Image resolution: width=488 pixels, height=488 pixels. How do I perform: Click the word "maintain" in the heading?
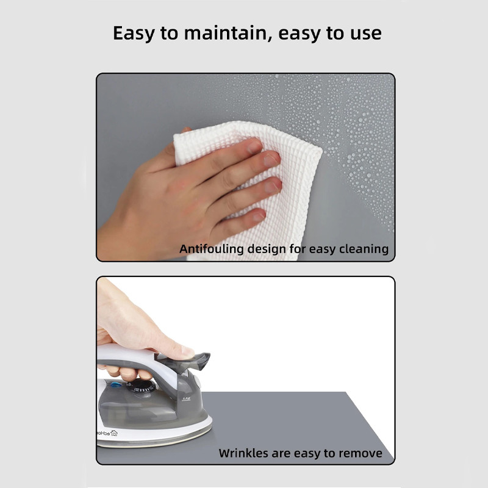(226, 33)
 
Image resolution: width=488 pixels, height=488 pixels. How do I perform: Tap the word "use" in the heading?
(365, 34)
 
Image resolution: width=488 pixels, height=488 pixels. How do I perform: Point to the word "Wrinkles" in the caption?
(243, 453)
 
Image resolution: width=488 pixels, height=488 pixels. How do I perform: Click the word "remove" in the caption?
(361, 453)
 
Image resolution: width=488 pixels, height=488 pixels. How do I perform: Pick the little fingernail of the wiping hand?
(259, 215)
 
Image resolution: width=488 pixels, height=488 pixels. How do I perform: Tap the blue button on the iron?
(115, 385)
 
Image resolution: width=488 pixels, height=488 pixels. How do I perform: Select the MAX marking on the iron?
(186, 399)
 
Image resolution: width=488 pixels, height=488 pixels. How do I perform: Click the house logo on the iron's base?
(114, 433)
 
